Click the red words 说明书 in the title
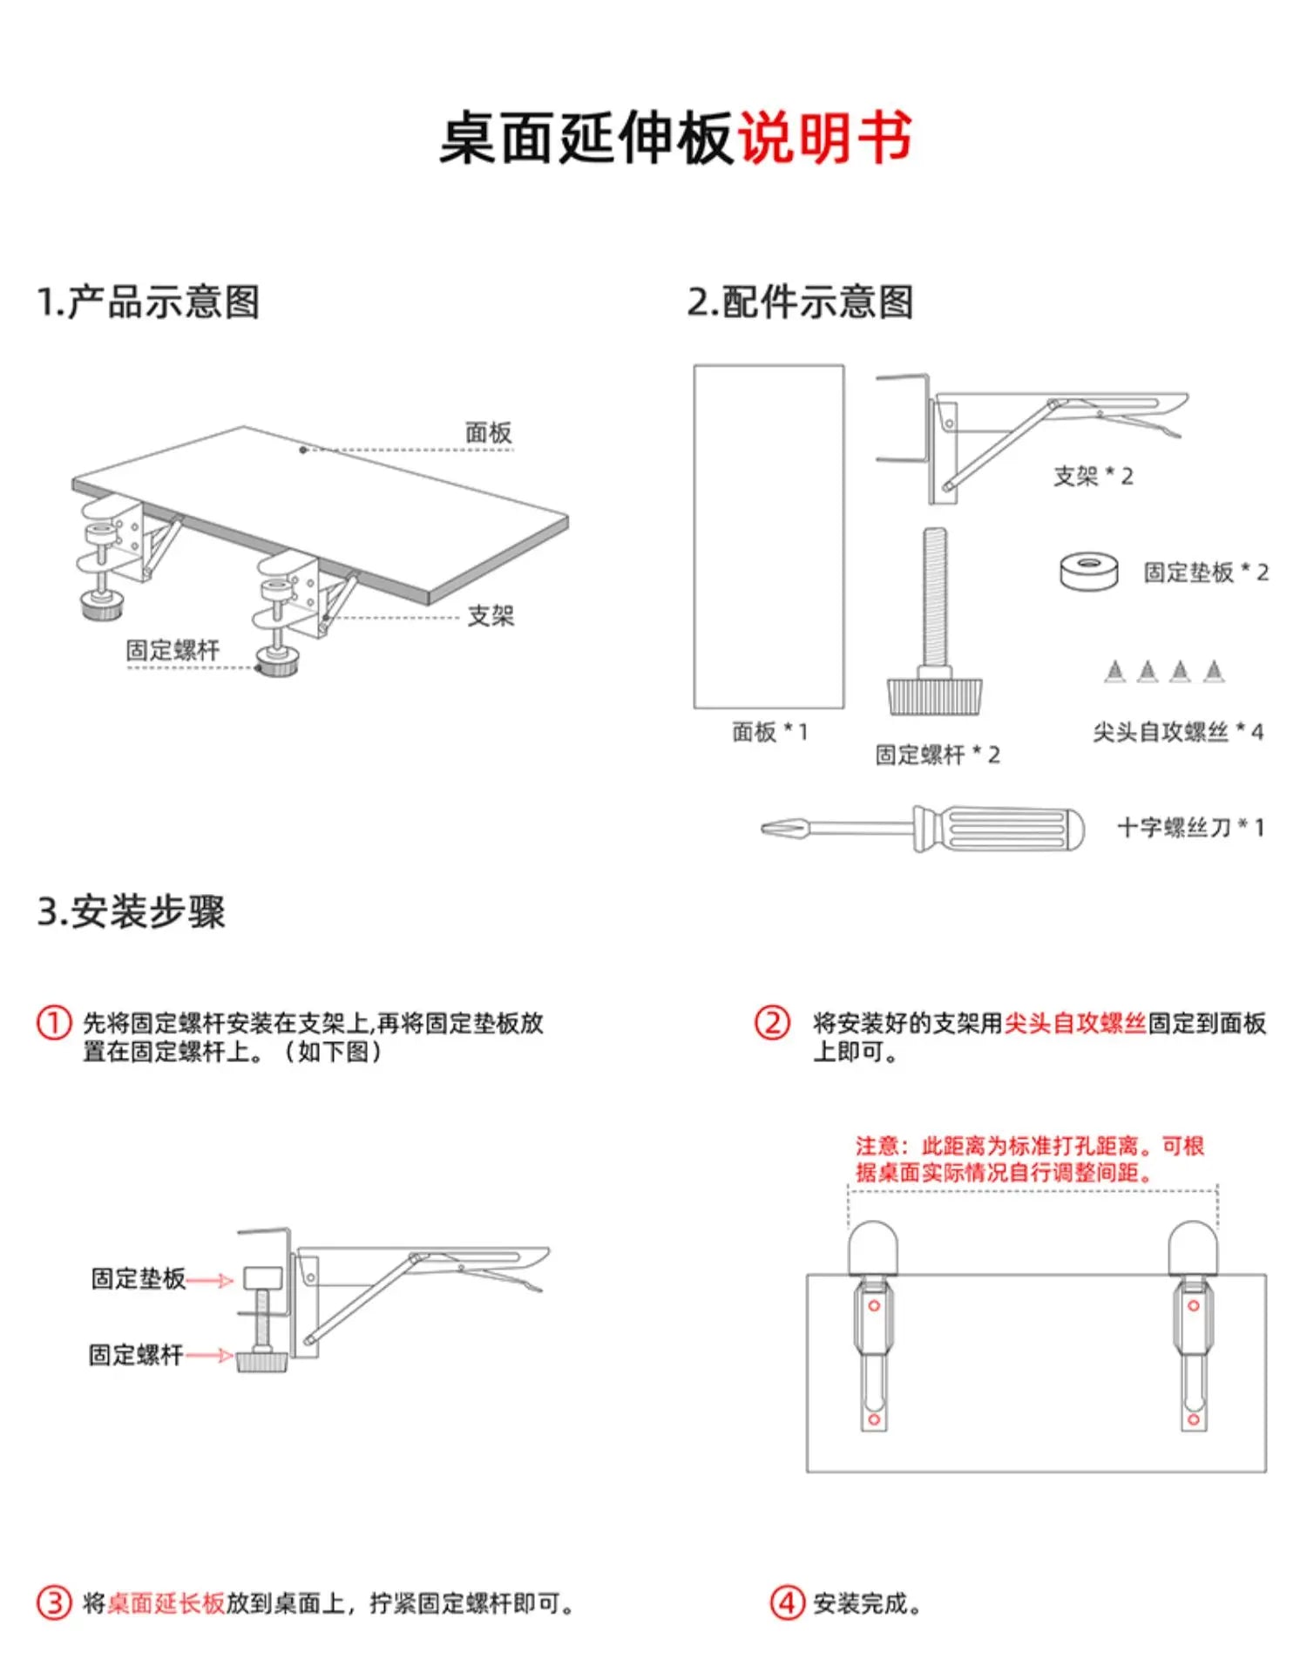(x=824, y=139)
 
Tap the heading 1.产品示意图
(x=148, y=302)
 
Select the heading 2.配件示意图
(x=800, y=302)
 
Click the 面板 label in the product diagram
(x=488, y=433)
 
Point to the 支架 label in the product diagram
(x=491, y=616)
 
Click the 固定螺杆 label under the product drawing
(x=173, y=650)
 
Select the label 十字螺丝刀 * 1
(x=1190, y=828)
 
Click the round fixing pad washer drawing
(x=1088, y=571)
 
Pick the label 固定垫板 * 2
(x=1205, y=572)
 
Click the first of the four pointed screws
(x=1114, y=671)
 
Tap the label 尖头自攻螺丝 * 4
(x=1177, y=732)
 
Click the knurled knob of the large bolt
(x=934, y=696)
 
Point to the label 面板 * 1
(x=769, y=732)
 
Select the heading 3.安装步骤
(x=131, y=912)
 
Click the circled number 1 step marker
(x=53, y=1022)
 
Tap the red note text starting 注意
(x=1028, y=1159)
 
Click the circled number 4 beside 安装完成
(x=786, y=1602)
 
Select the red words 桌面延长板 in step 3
(x=166, y=1602)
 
